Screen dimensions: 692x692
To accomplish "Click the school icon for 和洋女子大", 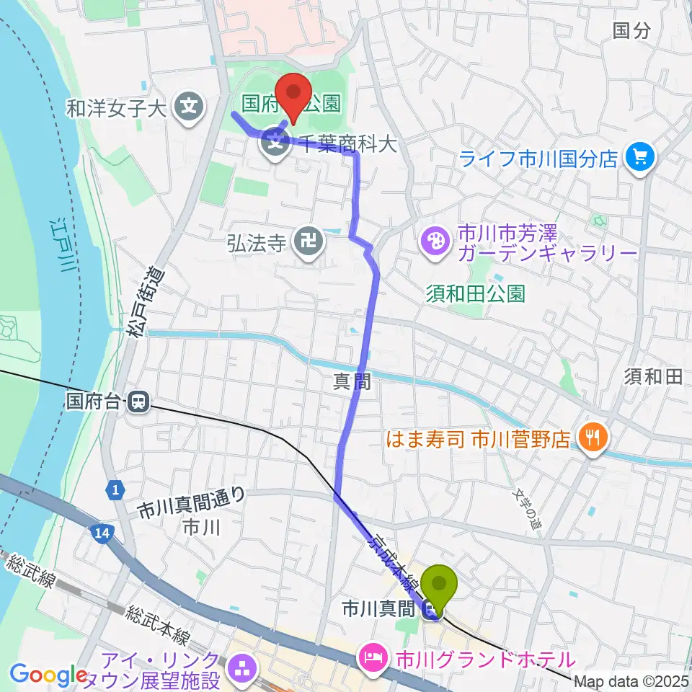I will click(x=190, y=109).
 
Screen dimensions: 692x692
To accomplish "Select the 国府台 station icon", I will click(x=138, y=401).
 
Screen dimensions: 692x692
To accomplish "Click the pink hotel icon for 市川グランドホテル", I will click(x=373, y=657).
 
